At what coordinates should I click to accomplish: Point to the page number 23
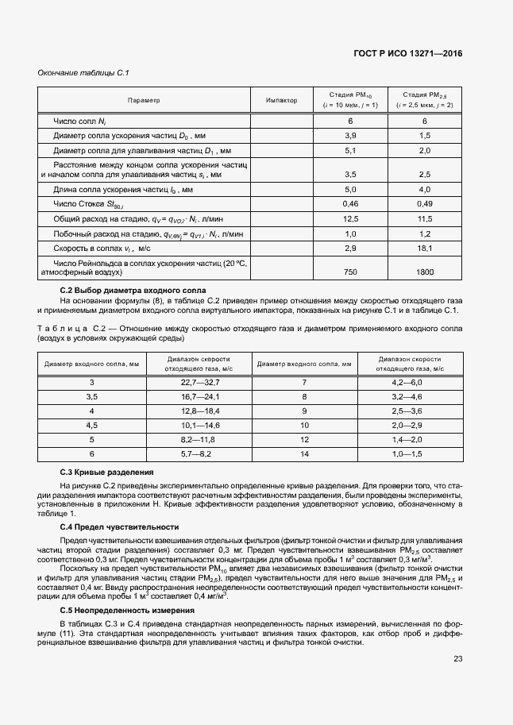(x=457, y=658)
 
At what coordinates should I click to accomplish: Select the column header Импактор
(x=282, y=101)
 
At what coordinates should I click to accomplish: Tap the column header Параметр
(x=144, y=101)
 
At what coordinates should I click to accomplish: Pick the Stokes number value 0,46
(x=349, y=205)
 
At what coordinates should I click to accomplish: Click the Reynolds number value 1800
(x=425, y=272)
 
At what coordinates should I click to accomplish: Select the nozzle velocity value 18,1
(x=425, y=249)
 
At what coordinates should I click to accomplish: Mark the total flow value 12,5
(x=349, y=219)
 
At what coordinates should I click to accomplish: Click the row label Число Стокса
(x=84, y=205)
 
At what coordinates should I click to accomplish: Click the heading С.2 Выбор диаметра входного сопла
(x=133, y=291)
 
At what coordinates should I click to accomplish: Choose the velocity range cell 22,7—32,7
(x=199, y=382)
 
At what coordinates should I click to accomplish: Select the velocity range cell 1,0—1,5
(x=411, y=453)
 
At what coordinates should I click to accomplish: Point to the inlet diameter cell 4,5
(x=92, y=425)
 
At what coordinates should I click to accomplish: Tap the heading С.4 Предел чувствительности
(x=119, y=526)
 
